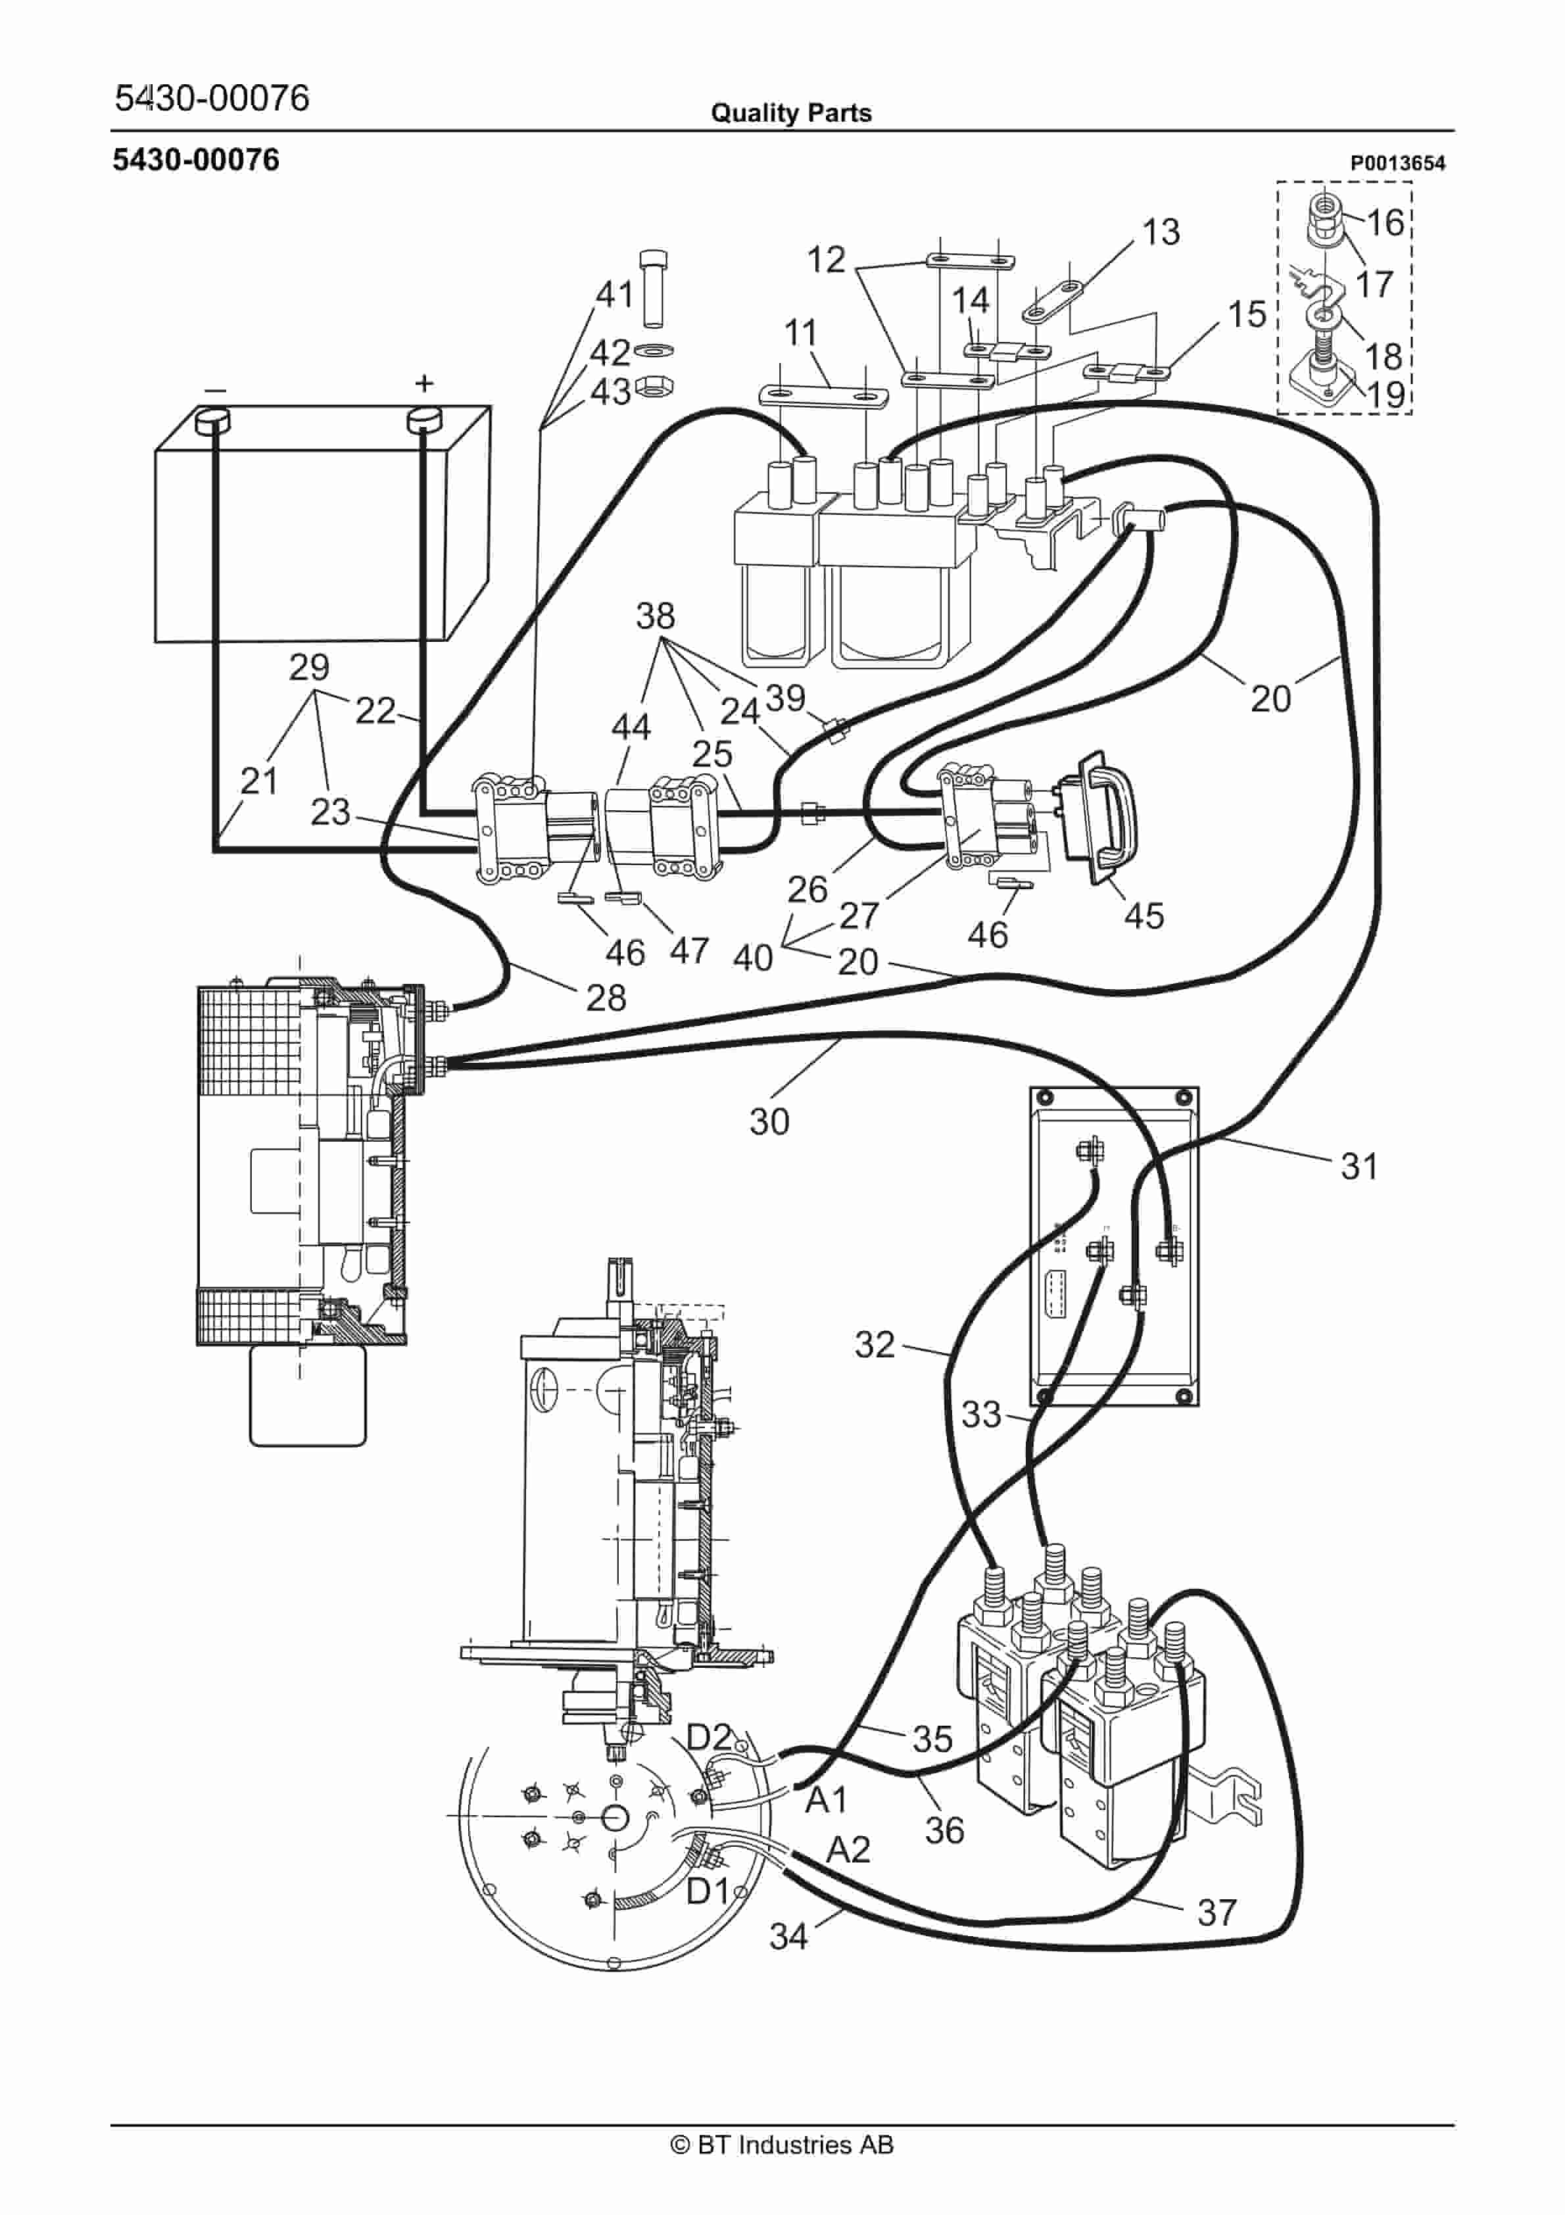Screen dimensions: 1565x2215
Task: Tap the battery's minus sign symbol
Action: click(x=215, y=390)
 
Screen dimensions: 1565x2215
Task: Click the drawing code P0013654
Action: click(x=1397, y=163)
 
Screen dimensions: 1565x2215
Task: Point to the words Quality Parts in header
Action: click(x=791, y=113)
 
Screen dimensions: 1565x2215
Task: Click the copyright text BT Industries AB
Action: click(x=782, y=2145)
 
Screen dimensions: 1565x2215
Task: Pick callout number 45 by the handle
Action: click(x=1144, y=915)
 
